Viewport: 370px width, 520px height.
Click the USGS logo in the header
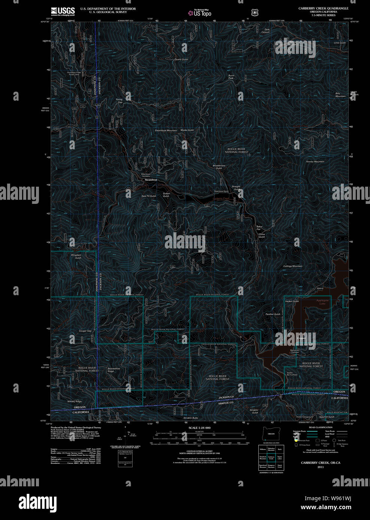[63, 11]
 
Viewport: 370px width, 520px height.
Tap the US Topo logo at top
[200, 13]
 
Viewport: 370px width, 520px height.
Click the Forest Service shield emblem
[255, 13]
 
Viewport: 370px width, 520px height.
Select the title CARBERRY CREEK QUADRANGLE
[323, 8]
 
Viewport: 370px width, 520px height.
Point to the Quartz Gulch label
[181, 59]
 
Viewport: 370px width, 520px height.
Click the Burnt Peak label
[231, 77]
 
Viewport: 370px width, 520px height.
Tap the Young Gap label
[119, 101]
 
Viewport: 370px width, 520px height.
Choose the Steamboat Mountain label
[166, 131]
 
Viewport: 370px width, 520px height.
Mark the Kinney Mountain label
[315, 162]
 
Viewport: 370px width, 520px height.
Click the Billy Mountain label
[340, 95]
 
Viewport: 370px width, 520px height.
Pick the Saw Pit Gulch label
[149, 196]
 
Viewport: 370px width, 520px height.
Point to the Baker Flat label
[259, 228]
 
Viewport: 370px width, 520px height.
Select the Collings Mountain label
[292, 266]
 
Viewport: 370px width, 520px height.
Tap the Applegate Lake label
[322, 302]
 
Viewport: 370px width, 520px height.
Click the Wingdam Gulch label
[76, 256]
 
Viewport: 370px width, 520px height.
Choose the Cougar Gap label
[85, 331]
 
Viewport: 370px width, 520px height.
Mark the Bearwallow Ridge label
[113, 370]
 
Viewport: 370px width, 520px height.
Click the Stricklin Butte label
[191, 418]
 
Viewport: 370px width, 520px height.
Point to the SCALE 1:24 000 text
[199, 428]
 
